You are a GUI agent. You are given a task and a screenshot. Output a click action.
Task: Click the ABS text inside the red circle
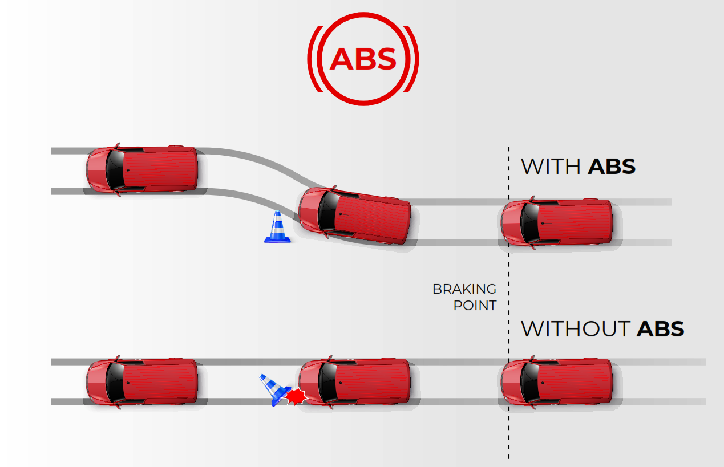[x=363, y=58]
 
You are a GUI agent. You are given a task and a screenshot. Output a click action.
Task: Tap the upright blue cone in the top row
[x=277, y=228]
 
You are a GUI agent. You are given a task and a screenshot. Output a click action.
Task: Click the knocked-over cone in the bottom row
[x=273, y=389]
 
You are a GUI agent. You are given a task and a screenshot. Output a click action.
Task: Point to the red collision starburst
[x=296, y=396]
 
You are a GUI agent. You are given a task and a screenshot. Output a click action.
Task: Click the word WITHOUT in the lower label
[x=575, y=329]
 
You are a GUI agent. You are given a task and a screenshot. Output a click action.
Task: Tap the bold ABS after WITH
[x=611, y=167]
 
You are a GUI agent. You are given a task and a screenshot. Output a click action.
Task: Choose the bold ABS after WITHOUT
[x=660, y=329]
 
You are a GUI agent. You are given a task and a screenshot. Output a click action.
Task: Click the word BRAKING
[x=464, y=289]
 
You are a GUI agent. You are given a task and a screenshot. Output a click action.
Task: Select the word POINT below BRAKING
[x=475, y=306]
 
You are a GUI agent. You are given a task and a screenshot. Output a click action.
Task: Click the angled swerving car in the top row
[x=355, y=215]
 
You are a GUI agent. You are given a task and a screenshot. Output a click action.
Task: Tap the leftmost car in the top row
[x=141, y=170]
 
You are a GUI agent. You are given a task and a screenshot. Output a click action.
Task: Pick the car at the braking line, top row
[x=556, y=222]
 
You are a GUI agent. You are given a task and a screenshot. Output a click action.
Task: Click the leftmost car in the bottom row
[x=141, y=381]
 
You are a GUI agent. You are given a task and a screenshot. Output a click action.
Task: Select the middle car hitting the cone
[x=355, y=381]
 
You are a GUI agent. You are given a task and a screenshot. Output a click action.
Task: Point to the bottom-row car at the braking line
[x=556, y=381]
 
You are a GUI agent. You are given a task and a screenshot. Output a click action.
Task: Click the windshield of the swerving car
[x=326, y=210]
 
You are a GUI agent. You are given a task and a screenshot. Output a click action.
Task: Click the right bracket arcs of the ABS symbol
[x=414, y=58]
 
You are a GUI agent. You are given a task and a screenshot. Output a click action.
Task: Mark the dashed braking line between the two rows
[x=508, y=262]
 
